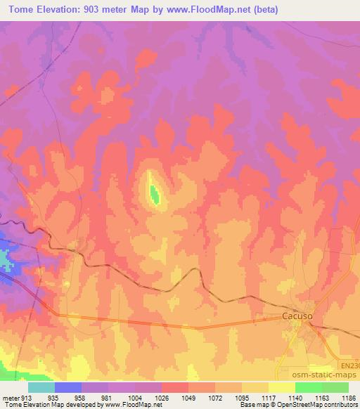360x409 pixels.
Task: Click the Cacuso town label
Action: point(297,317)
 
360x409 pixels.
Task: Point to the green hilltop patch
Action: point(153,191)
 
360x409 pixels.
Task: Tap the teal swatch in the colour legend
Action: point(41,387)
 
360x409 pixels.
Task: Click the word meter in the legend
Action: point(9,397)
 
